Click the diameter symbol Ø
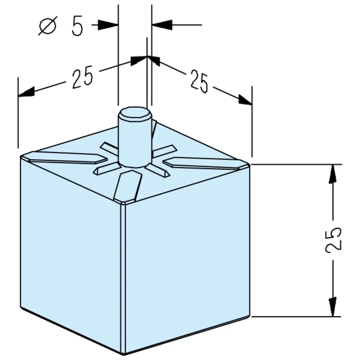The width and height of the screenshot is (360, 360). [48, 25]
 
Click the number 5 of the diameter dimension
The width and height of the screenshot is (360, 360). [77, 25]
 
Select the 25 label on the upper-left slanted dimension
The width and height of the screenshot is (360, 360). [83, 77]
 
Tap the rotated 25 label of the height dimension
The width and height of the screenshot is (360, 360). [333, 240]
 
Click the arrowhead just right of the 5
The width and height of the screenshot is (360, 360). [108, 24]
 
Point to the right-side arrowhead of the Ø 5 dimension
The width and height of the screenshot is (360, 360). [162, 24]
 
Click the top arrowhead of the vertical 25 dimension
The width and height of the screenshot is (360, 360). [333, 174]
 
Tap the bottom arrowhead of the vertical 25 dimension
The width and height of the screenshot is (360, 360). [333, 307]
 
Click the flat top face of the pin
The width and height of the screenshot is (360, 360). [135, 114]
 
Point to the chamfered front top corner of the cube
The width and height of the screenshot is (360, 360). [124, 202]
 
